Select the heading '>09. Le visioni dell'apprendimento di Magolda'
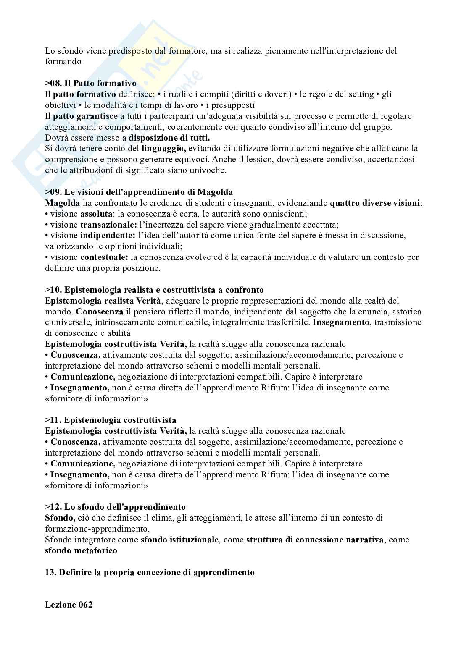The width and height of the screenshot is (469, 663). [x=139, y=192]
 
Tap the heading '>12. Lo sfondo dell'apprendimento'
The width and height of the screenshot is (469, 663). [x=115, y=507]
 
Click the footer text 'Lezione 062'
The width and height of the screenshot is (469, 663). [x=69, y=605]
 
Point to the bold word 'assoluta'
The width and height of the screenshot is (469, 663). [x=96, y=214]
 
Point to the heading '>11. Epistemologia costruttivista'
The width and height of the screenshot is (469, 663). [x=111, y=420]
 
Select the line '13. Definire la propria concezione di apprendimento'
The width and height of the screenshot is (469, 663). [x=150, y=572]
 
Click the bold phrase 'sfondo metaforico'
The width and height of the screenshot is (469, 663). [x=81, y=550]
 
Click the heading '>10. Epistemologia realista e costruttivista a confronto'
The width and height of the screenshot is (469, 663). [x=154, y=290]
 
